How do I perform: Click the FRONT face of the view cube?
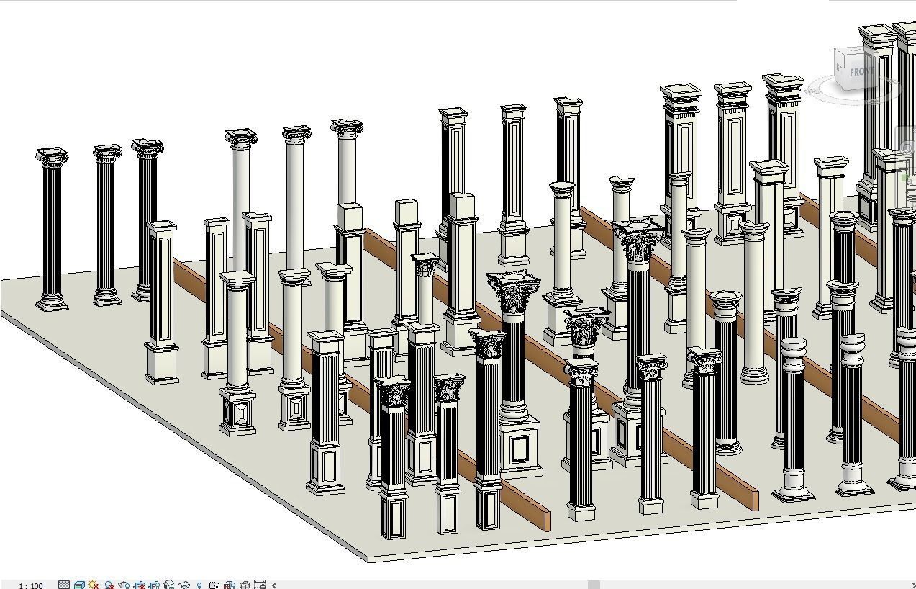click(861, 72)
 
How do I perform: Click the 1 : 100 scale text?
click(30, 585)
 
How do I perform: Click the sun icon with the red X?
click(94, 585)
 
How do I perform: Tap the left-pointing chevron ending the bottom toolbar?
click(273, 585)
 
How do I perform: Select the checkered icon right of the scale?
click(64, 585)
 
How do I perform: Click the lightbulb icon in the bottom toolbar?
click(199, 585)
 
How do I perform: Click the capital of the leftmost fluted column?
click(53, 158)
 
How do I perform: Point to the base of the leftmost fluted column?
click(53, 302)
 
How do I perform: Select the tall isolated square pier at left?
click(162, 302)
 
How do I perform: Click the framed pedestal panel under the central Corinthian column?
click(520, 449)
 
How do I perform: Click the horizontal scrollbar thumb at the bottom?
click(594, 585)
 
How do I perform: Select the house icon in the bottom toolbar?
click(169, 585)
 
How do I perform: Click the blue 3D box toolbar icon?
click(79, 585)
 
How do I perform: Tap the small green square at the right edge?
click(905, 175)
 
